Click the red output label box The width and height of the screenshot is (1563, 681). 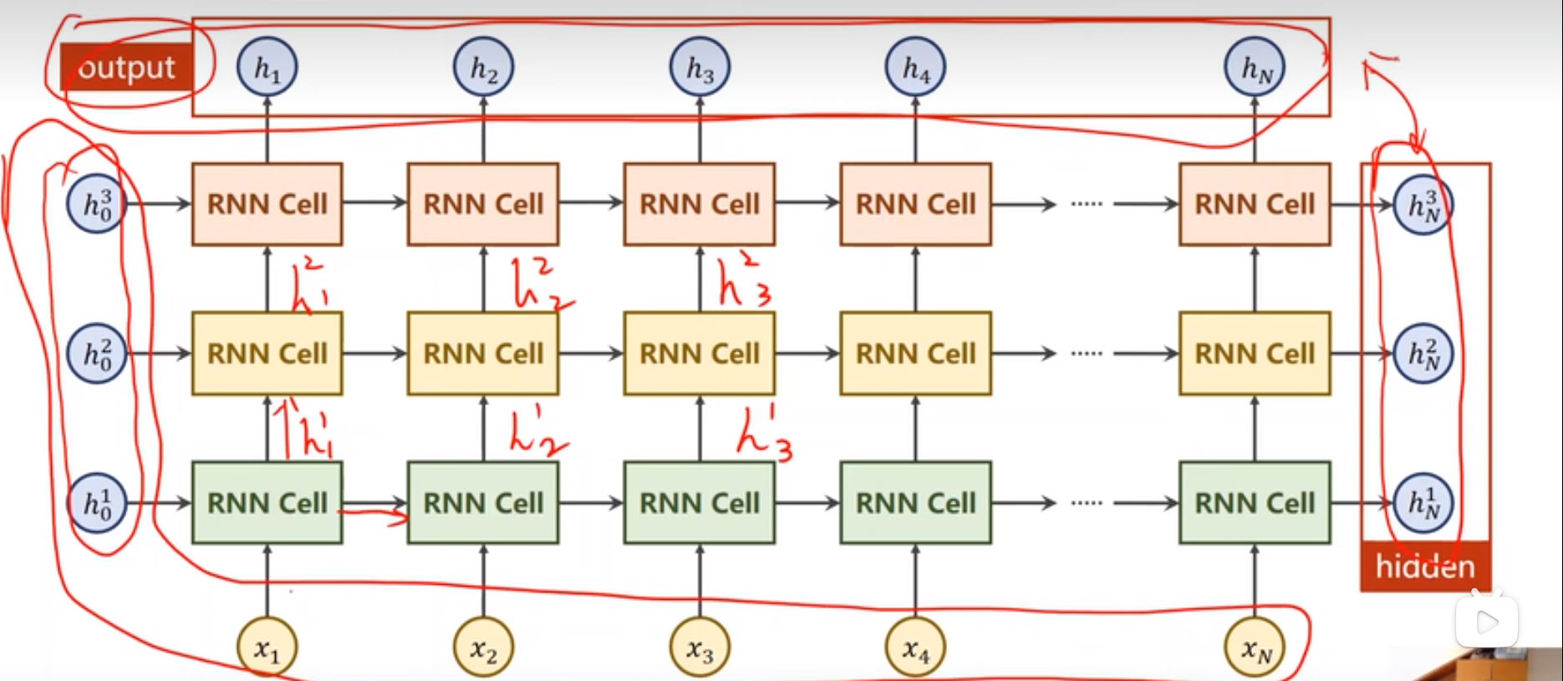click(x=126, y=68)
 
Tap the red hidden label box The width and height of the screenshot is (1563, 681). click(x=1425, y=567)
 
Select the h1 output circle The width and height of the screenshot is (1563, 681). click(x=267, y=67)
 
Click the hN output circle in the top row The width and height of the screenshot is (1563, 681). click(x=1255, y=67)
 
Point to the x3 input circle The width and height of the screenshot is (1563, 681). click(x=700, y=648)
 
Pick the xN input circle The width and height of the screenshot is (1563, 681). click(x=1255, y=648)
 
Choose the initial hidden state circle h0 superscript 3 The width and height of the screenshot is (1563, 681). click(x=97, y=204)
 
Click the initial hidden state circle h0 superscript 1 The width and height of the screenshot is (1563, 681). click(x=97, y=503)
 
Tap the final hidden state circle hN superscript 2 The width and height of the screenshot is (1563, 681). click(x=1423, y=353)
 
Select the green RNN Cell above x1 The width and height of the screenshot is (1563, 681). click(x=267, y=503)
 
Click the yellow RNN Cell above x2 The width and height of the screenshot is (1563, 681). click(x=483, y=353)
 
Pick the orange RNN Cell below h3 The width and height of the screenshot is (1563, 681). click(x=700, y=204)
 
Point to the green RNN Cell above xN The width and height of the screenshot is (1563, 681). click(x=1255, y=503)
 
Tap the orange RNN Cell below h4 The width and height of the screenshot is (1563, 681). click(x=915, y=204)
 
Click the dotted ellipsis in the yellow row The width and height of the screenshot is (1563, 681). click(x=1087, y=353)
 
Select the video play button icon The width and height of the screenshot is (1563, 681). click(x=1487, y=622)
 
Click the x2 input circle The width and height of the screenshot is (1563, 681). click(x=483, y=648)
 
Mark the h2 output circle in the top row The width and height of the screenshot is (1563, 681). click(x=483, y=67)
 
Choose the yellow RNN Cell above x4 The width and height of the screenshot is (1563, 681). click(x=915, y=353)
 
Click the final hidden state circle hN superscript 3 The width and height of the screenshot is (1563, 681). click(x=1423, y=204)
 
